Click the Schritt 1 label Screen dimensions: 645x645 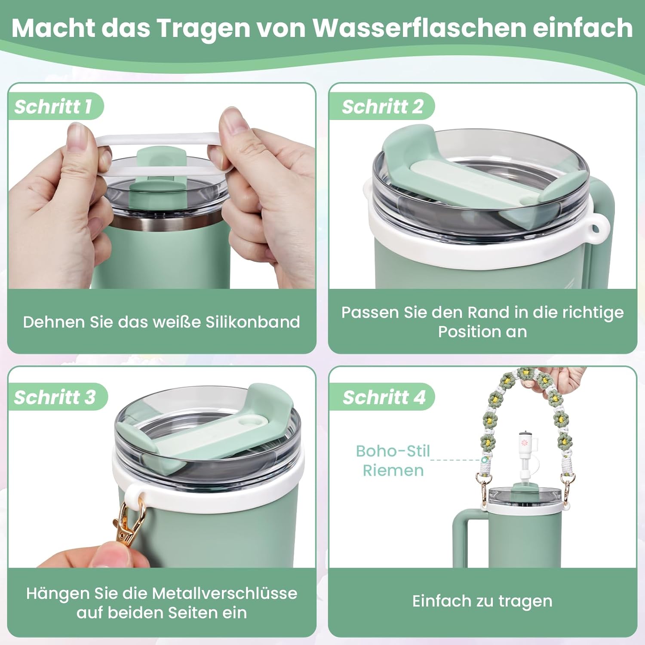pyautogui.click(x=53, y=107)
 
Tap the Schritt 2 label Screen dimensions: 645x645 pyautogui.click(x=383, y=107)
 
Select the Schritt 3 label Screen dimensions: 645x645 pyautogui.click(x=55, y=397)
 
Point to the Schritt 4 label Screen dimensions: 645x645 pyautogui.click(x=384, y=397)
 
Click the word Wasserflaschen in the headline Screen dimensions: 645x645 pyautogui.click(x=419, y=28)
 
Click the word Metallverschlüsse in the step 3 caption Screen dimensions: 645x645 pyautogui.click(x=224, y=593)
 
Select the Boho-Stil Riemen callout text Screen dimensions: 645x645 pyautogui.click(x=393, y=461)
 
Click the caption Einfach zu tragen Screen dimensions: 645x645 pyautogui.click(x=482, y=601)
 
